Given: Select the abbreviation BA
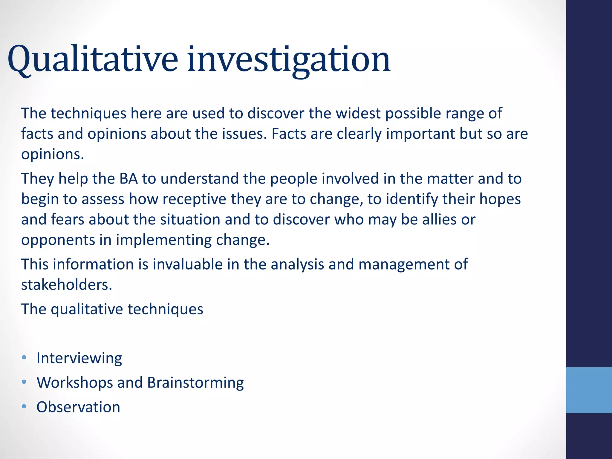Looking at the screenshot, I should (128, 179).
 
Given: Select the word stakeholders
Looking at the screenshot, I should (66, 285).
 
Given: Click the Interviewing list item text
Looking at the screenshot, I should (79, 358).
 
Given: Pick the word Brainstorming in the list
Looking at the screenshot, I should (195, 383).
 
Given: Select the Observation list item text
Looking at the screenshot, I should (78, 407).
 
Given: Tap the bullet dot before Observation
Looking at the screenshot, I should (24, 406).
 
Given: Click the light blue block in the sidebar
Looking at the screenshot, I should (589, 390).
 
